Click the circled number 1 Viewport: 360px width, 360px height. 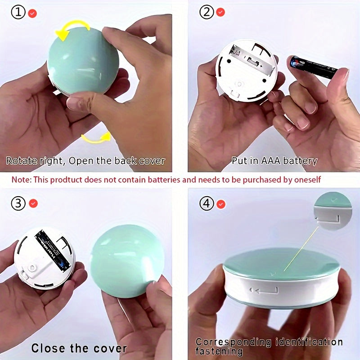coord(19,13)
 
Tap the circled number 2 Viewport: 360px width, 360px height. coord(207,12)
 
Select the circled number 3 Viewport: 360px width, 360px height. coord(19,203)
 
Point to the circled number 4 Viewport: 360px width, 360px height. coord(207,203)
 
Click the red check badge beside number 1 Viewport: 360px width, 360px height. coord(32,13)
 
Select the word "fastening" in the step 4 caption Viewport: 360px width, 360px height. coord(219,351)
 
